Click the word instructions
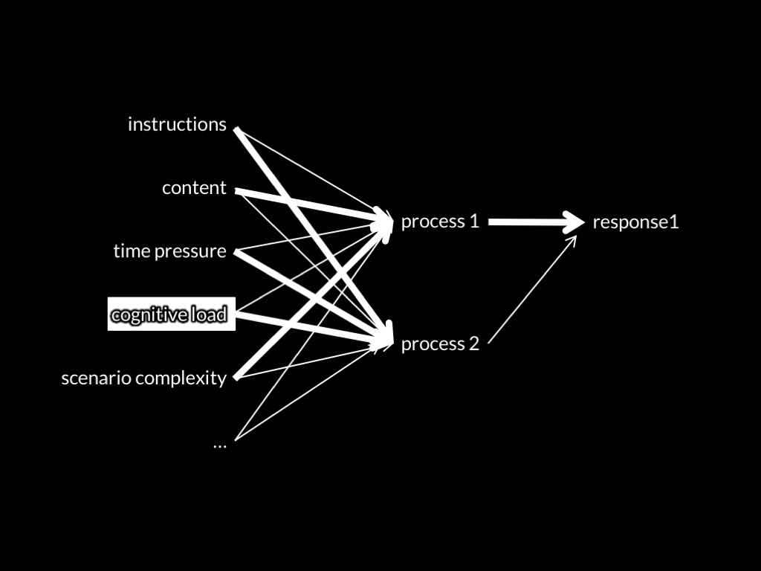177,124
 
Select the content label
194,188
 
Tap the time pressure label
169,251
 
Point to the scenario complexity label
143,378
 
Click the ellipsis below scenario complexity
219,444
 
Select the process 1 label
440,222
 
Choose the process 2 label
440,344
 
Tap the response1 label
635,222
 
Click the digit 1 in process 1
474,222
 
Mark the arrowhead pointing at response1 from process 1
574,222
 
